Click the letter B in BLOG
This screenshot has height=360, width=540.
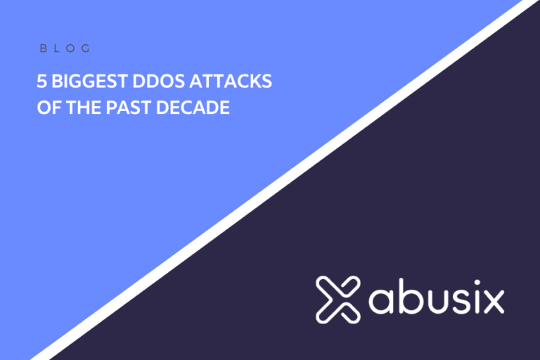click(43, 49)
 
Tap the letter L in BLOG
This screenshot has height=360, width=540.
click(58, 49)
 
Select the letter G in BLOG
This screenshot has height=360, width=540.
click(86, 49)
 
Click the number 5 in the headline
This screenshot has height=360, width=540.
click(41, 82)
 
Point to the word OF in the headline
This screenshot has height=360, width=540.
click(46, 109)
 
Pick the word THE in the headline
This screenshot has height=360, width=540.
click(79, 109)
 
